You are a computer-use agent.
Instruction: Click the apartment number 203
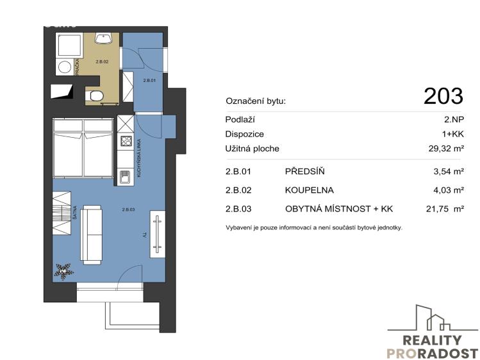pos(443,96)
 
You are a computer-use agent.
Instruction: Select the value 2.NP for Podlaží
pos(454,120)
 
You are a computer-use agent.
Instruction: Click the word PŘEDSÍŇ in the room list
pos(305,171)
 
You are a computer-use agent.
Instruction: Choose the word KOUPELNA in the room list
pos(311,190)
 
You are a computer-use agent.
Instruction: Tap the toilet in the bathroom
pos(95,96)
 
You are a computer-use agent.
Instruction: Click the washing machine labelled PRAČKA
pos(64,66)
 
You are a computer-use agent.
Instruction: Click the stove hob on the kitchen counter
pos(126,142)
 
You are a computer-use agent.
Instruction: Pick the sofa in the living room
pos(91,233)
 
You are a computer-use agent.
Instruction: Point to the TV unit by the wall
pos(158,234)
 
